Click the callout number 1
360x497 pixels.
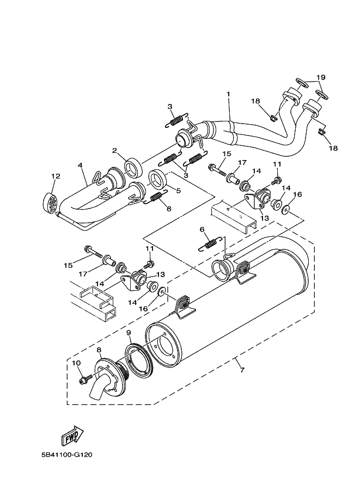pos(229,94)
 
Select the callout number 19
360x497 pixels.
pos(321,77)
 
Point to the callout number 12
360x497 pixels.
pos(55,176)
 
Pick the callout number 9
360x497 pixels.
pos(129,332)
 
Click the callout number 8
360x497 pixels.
pos(99,350)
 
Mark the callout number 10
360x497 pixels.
pos(76,363)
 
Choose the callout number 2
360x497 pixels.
pos(115,151)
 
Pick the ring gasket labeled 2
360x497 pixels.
pos(132,164)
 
